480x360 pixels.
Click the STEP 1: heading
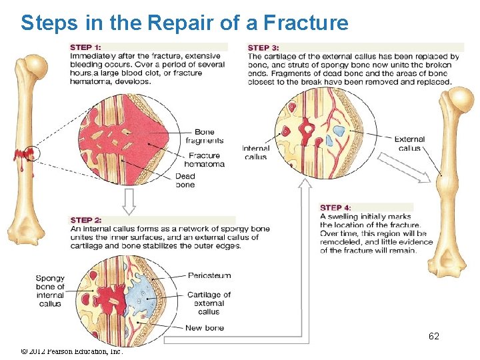click(85, 47)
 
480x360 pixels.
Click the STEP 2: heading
click(85, 220)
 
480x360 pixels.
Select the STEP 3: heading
click(263, 47)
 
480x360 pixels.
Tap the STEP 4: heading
click(335, 207)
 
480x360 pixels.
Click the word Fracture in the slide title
click(306, 23)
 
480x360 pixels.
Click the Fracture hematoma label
click(204, 160)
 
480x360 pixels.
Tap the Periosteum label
click(209, 275)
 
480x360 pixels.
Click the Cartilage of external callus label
click(209, 303)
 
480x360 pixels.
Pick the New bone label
click(205, 327)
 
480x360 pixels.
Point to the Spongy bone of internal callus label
click(50, 291)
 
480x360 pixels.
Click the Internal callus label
click(255, 153)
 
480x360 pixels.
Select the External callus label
click(409, 143)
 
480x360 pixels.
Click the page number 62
click(433, 336)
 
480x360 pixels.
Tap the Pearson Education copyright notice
click(72, 351)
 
